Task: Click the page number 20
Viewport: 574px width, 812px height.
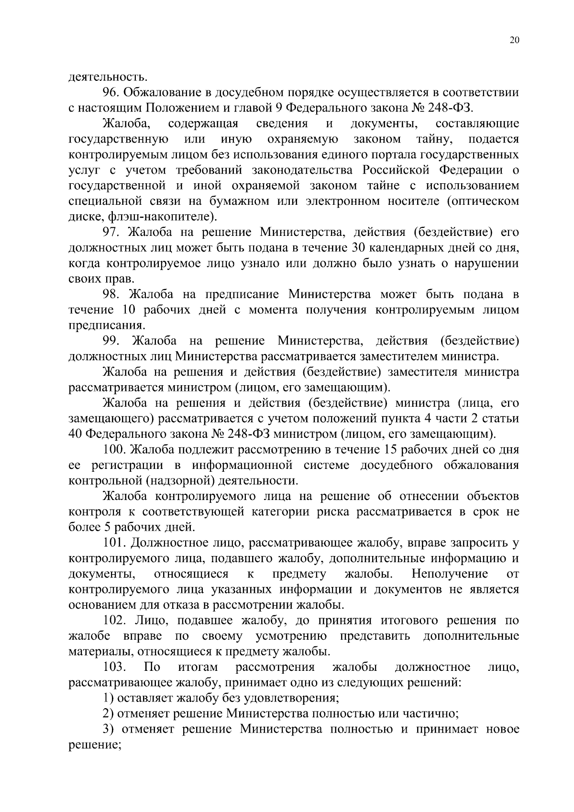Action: coord(514,41)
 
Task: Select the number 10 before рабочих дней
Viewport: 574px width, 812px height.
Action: coord(130,310)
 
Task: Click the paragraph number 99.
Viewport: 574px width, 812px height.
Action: coord(112,341)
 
